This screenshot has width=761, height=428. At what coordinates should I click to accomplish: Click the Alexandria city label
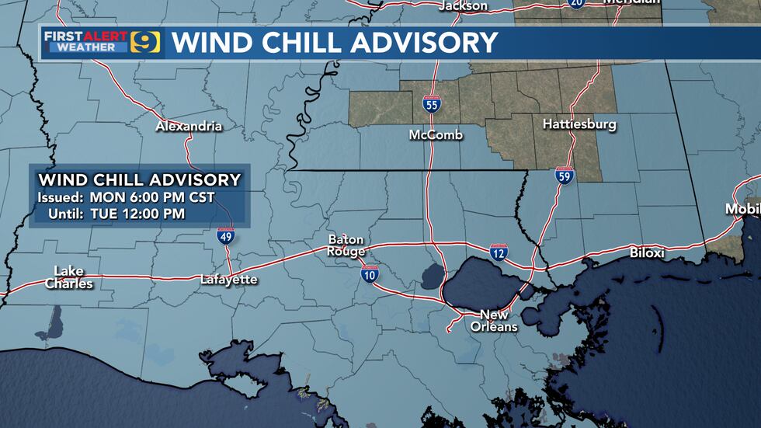click(x=189, y=126)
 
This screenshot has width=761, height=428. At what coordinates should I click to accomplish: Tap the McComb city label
click(x=436, y=135)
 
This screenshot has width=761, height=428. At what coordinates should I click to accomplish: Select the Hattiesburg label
click(x=579, y=124)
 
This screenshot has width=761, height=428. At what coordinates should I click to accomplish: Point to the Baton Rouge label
click(x=346, y=245)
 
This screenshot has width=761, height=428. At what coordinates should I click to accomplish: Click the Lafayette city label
click(x=228, y=279)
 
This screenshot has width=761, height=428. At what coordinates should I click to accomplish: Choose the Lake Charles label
click(x=68, y=277)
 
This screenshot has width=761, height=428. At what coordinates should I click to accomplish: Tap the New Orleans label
click(x=494, y=320)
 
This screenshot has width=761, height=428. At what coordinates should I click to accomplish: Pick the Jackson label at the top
click(x=464, y=5)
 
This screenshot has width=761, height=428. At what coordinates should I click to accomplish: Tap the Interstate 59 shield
click(x=565, y=175)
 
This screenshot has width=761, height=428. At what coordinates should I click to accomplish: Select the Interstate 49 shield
click(x=225, y=237)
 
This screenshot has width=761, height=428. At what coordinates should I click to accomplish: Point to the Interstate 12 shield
click(x=499, y=252)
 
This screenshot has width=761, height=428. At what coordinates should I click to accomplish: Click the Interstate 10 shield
click(x=370, y=273)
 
